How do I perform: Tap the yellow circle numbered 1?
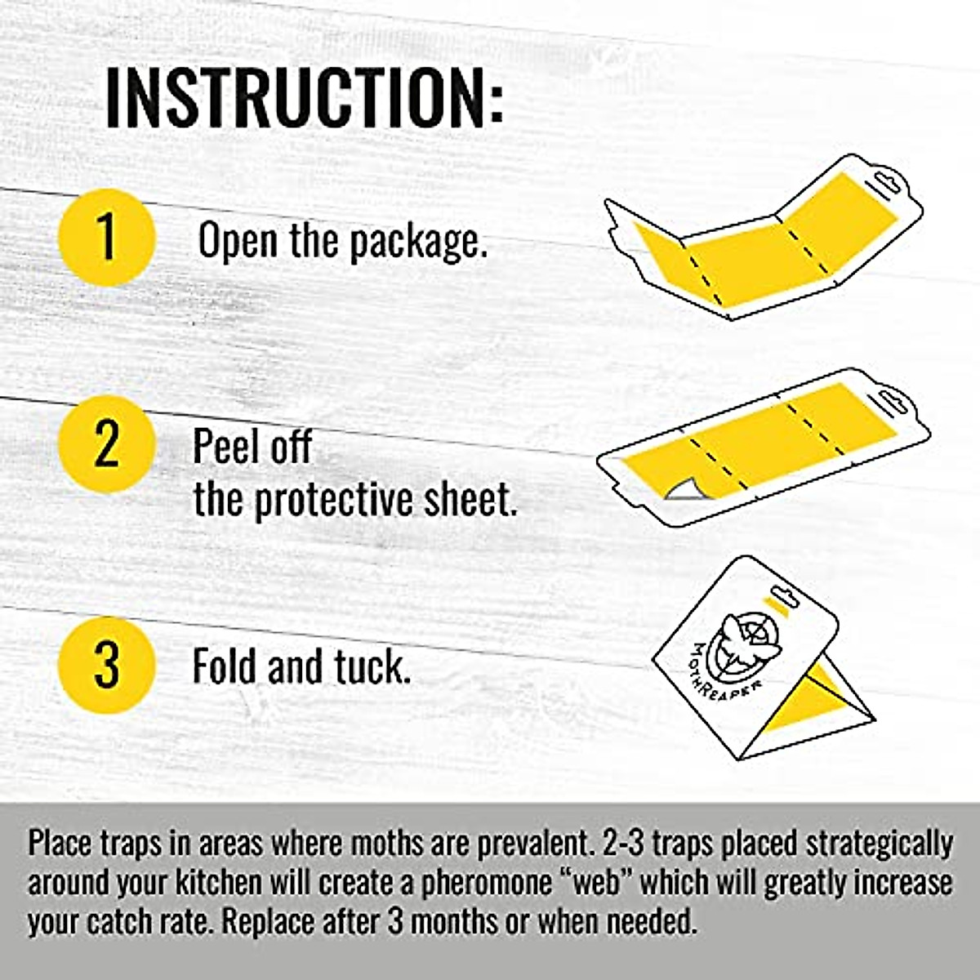(x=106, y=236)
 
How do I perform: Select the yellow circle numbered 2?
(x=106, y=444)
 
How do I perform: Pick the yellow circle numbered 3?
(x=106, y=666)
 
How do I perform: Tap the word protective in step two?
(x=335, y=501)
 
